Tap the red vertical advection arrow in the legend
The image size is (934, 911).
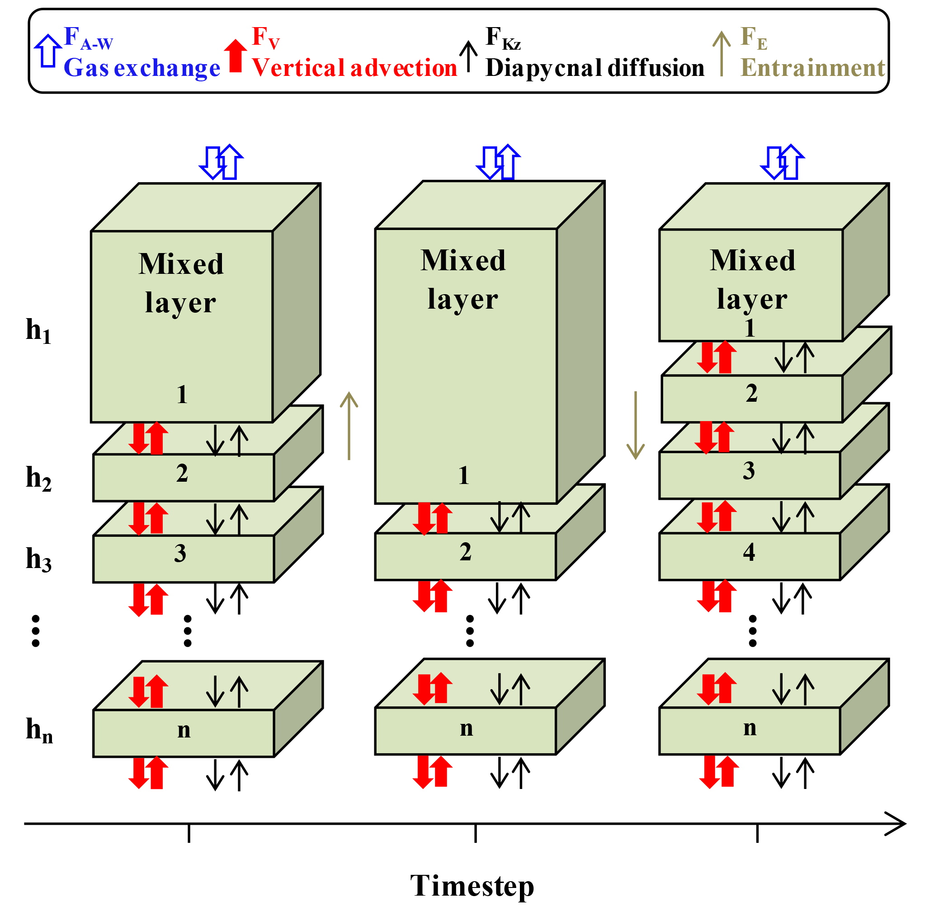(x=236, y=56)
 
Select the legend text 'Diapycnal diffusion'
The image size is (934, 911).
(x=594, y=68)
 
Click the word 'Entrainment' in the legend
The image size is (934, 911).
(x=812, y=68)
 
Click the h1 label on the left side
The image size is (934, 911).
(x=38, y=331)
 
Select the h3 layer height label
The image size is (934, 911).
(x=38, y=559)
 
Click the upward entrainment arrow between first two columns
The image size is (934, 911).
(x=349, y=426)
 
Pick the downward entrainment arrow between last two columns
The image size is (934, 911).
(x=635, y=425)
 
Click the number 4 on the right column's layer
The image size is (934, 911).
(x=749, y=553)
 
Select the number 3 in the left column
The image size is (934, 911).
(x=180, y=554)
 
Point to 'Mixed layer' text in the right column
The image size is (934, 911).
(x=752, y=280)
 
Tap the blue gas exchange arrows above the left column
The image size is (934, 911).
(x=221, y=162)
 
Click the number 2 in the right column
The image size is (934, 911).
(x=751, y=393)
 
